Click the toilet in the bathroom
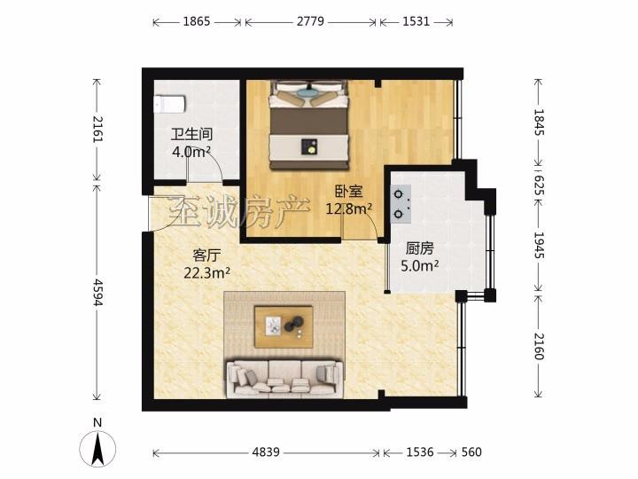[169, 104]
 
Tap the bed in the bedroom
[309, 125]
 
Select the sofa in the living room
[284, 379]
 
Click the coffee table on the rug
[284, 327]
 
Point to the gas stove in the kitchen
[401, 204]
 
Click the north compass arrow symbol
[97, 449]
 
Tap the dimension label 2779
[310, 21]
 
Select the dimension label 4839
[266, 452]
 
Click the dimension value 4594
[98, 292]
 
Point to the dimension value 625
[539, 185]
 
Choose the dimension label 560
[471, 452]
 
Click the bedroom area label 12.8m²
[349, 209]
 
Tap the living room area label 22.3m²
[206, 272]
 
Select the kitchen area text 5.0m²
[419, 266]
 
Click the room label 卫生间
[191, 134]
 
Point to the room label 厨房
[420, 248]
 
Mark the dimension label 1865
[197, 21]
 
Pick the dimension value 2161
[98, 130]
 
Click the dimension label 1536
[420, 452]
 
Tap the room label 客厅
[206, 255]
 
